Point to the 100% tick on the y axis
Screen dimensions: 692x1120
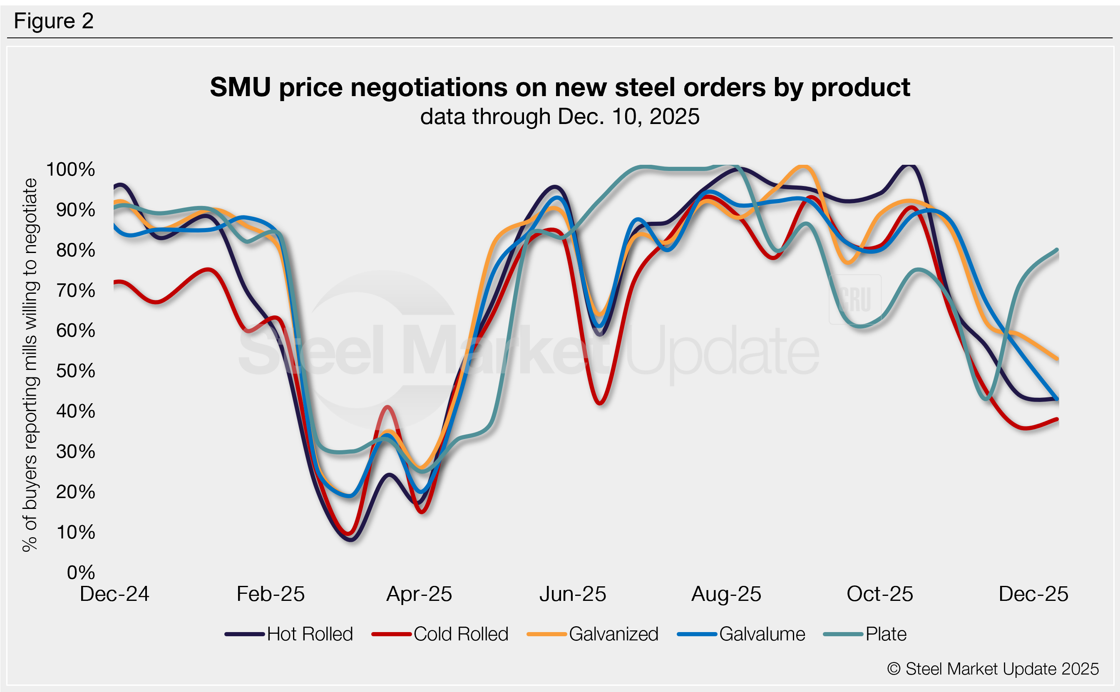click(x=71, y=169)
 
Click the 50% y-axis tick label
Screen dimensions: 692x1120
click(x=75, y=371)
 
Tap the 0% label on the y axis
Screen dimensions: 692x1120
click(x=81, y=572)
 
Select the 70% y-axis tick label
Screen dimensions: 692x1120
click(x=75, y=290)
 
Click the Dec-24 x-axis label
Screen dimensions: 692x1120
click(x=114, y=594)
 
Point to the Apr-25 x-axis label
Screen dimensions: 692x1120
click(x=419, y=594)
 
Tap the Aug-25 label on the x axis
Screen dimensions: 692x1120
click(x=726, y=594)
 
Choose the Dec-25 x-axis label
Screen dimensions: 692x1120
click(x=1033, y=594)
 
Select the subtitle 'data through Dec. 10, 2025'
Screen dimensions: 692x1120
click(x=560, y=116)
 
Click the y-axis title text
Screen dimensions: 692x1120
click(x=30, y=365)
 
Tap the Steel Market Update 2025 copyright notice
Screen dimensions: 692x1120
click(x=993, y=669)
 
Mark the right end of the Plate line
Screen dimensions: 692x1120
click(x=1057, y=249)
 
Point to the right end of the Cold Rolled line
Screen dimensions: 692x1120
click(x=1057, y=419)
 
